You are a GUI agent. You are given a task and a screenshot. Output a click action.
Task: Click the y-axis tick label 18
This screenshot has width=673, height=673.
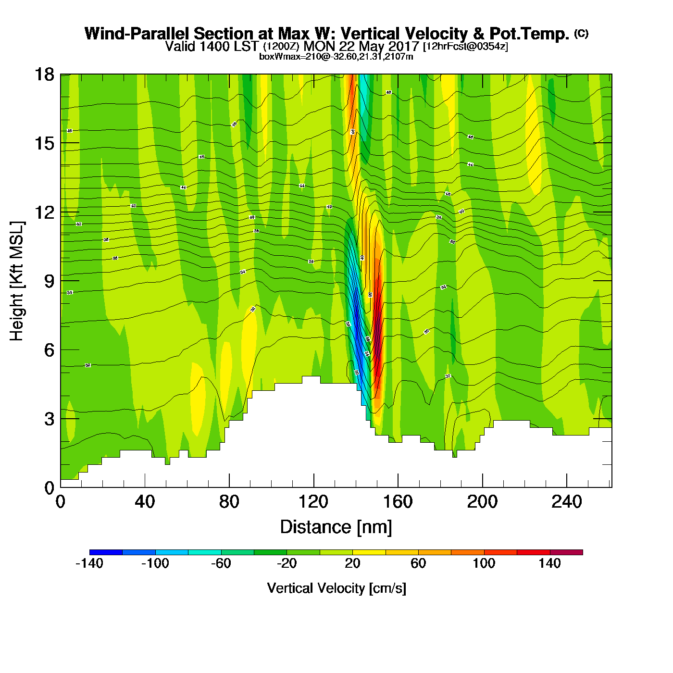point(44,75)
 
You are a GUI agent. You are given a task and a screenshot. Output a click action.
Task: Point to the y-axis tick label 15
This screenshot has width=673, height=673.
point(44,143)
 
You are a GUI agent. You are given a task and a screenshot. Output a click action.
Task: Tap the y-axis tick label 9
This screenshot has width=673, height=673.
point(49,281)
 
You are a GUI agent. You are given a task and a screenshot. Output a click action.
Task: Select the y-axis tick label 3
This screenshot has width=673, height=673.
point(49,419)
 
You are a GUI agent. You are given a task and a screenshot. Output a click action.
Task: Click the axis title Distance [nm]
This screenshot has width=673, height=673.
point(336,527)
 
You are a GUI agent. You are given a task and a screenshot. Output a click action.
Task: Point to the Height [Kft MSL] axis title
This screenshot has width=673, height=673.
point(17,281)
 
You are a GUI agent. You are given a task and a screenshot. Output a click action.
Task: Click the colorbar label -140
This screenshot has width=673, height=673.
point(89,563)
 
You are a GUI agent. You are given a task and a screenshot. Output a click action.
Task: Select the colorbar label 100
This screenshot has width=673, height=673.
point(484,563)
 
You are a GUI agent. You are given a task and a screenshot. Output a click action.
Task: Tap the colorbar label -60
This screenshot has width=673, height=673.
point(221,563)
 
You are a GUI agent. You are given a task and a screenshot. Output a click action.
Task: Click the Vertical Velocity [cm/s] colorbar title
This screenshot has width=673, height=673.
point(336,588)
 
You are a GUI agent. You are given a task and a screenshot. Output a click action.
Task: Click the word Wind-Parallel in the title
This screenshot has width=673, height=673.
point(137,34)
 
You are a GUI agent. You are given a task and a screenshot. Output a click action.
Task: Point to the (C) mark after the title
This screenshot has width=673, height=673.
point(581,33)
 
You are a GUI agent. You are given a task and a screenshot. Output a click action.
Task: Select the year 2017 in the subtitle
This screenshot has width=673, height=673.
point(403,47)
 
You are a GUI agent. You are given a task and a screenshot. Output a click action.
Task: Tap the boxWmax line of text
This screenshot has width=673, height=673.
point(336,57)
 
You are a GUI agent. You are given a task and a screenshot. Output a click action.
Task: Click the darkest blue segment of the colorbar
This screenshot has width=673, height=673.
point(106,552)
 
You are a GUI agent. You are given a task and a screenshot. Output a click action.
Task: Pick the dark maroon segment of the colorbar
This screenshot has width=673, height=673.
point(566,552)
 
